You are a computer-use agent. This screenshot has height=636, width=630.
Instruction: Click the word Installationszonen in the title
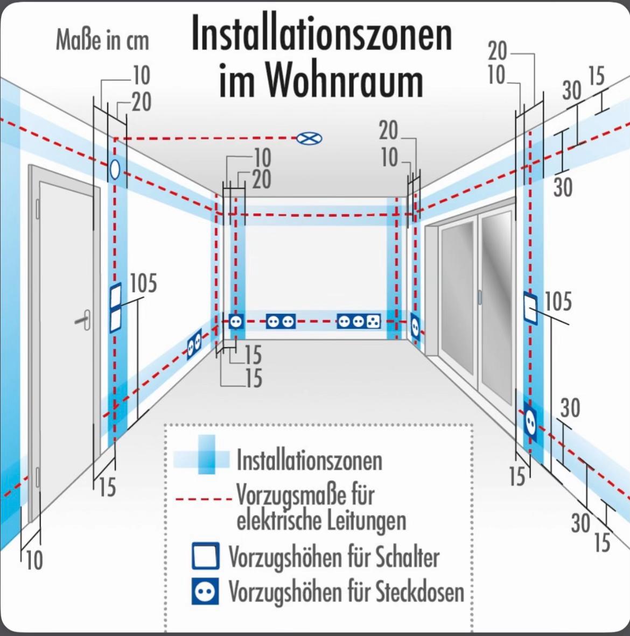[321, 33]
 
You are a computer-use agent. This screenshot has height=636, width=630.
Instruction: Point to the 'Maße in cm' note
[102, 40]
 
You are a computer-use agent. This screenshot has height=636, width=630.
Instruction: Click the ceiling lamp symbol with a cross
[309, 138]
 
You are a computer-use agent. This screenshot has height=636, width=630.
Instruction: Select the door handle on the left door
[83, 320]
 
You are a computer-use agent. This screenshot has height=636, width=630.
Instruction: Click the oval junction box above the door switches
[115, 169]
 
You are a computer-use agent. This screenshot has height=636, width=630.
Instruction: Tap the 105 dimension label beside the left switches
[143, 283]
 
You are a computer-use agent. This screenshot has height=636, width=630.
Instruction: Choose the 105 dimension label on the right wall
[558, 301]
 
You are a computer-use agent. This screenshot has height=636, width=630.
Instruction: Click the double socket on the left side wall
[194, 344]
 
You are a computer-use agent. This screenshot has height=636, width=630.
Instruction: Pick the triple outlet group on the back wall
[359, 322]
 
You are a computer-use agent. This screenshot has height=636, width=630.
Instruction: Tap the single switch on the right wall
[530, 307]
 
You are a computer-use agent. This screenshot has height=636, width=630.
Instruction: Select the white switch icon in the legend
[206, 556]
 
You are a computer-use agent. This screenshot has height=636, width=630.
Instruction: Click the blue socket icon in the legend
[205, 591]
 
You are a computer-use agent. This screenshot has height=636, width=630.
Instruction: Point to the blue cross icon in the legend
[202, 455]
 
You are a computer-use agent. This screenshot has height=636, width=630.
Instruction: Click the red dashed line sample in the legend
[204, 498]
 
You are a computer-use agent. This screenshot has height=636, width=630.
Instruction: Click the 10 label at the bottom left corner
[34, 560]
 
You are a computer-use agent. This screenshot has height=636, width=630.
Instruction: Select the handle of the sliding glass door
[479, 297]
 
